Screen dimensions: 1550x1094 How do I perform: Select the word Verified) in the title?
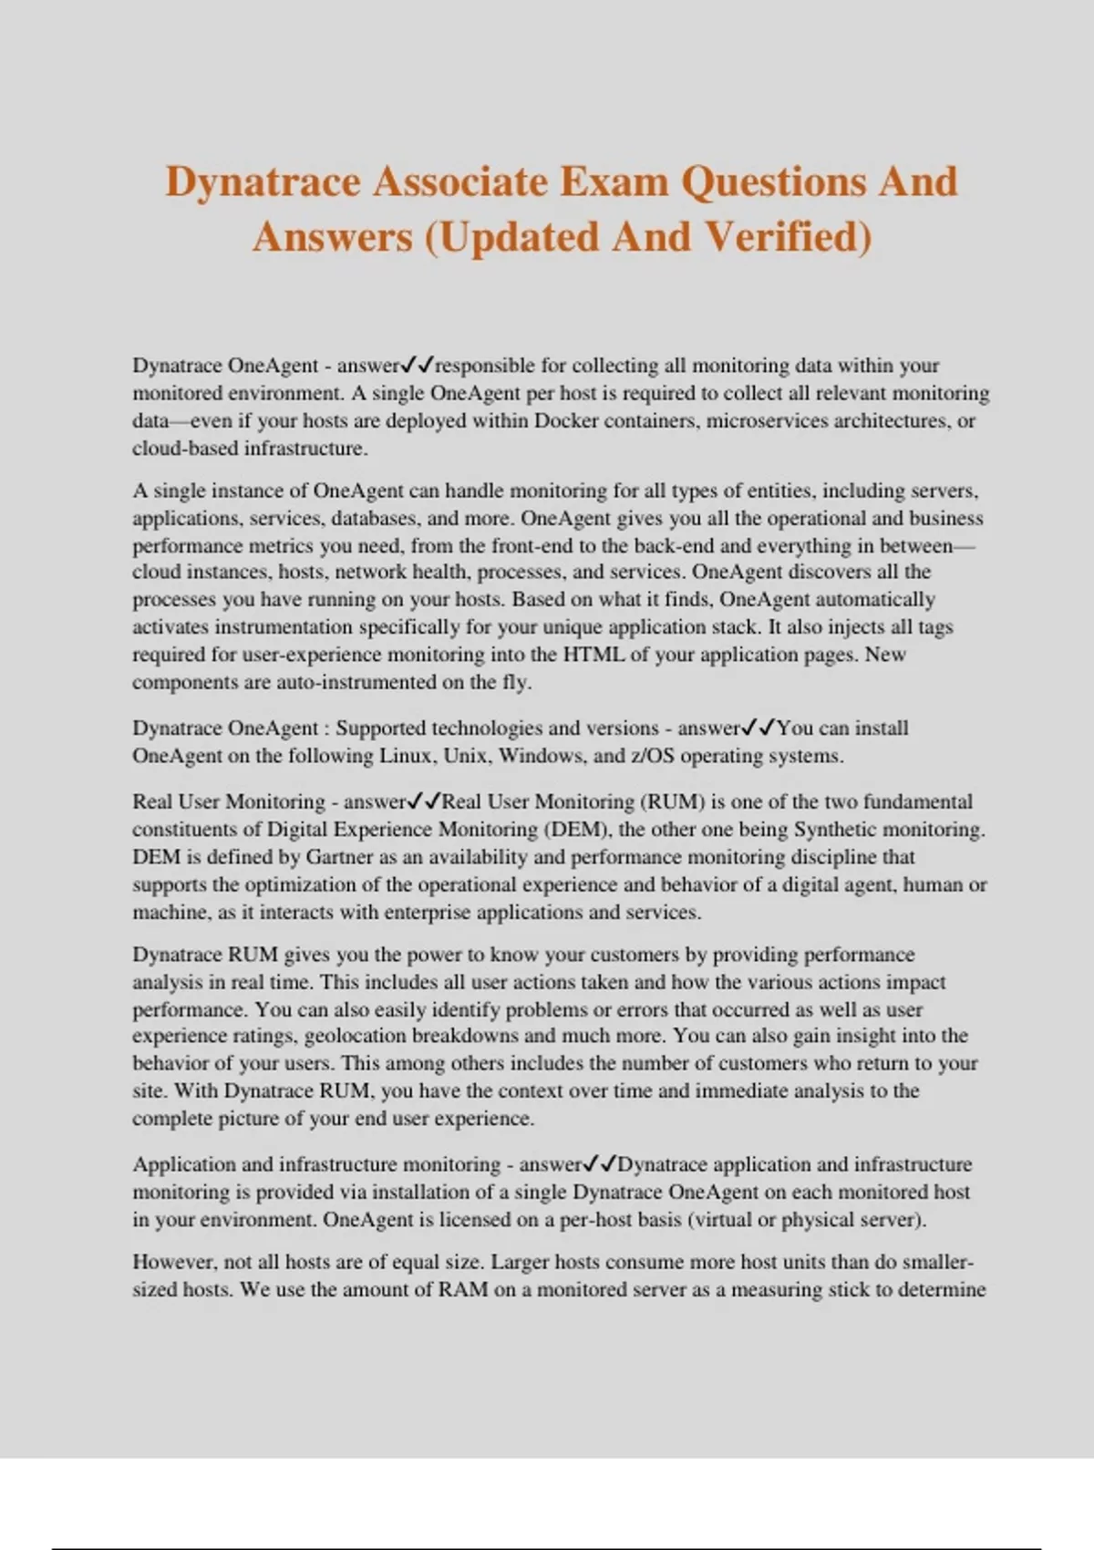click(789, 237)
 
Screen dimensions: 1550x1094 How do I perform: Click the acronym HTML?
click(593, 655)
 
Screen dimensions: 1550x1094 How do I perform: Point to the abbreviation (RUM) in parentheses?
click(674, 801)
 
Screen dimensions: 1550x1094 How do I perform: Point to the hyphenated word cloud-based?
click(185, 449)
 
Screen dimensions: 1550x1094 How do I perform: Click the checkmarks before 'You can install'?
click(759, 728)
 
